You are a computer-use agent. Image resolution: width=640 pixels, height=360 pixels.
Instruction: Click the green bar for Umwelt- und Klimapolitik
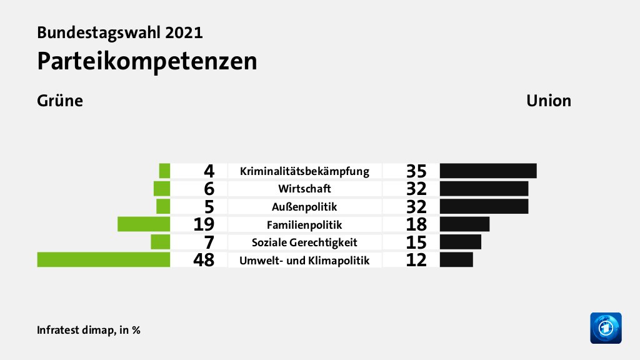point(104,259)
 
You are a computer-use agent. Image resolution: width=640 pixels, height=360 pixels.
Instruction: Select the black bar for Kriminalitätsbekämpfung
point(488,171)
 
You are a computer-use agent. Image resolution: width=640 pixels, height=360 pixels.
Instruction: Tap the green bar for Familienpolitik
point(144,224)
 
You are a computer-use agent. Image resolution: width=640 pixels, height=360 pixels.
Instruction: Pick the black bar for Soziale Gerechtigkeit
point(461,242)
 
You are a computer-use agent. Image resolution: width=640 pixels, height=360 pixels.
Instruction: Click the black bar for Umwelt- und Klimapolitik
point(456,259)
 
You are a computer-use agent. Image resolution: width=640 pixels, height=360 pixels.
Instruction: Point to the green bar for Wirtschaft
point(162,188)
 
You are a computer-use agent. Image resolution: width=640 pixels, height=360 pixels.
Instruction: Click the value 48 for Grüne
point(204,260)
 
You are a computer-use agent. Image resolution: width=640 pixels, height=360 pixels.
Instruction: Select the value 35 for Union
point(416,171)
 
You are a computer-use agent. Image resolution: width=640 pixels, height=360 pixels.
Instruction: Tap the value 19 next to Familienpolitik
point(204,224)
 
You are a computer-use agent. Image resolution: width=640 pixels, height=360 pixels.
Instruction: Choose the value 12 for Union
point(416,260)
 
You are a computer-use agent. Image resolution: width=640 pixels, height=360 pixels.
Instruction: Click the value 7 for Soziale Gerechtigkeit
point(209,242)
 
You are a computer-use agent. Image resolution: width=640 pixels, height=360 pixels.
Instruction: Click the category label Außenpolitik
point(305,206)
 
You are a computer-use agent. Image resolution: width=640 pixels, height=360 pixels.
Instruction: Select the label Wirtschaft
point(305,188)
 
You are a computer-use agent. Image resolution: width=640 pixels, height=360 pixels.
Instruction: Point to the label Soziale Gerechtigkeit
point(305,242)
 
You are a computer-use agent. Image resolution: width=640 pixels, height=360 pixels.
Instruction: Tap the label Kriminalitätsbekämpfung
point(305,171)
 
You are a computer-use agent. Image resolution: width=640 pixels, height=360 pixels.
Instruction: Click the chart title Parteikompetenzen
point(147,61)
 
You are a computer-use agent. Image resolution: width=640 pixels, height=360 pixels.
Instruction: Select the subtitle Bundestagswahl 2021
point(119,32)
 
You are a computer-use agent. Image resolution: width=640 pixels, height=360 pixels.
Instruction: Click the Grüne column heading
point(60,101)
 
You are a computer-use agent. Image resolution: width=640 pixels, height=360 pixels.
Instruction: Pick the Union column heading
point(548,101)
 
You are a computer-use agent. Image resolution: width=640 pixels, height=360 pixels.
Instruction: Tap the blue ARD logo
point(606,327)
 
